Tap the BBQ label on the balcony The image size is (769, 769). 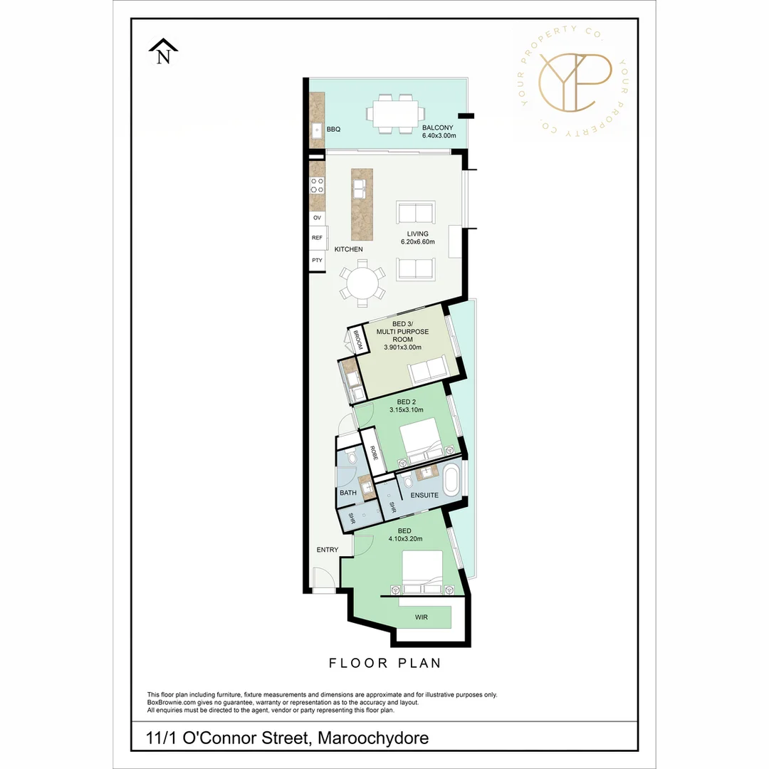pyautogui.click(x=333, y=130)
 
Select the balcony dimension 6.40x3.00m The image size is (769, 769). pyautogui.click(x=439, y=135)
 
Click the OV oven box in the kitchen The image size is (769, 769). pyautogui.click(x=317, y=218)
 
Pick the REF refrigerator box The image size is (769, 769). pyautogui.click(x=317, y=238)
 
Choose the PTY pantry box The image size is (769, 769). pyautogui.click(x=317, y=261)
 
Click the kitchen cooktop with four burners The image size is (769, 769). pyautogui.click(x=317, y=186)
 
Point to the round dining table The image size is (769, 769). pyautogui.click(x=362, y=283)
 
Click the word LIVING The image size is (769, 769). pyautogui.click(x=417, y=234)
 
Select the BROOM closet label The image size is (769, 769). pyautogui.click(x=357, y=340)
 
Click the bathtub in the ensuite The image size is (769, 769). pyautogui.click(x=452, y=481)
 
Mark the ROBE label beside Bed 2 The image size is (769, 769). pyautogui.click(x=373, y=454)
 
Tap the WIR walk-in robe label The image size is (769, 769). pyautogui.click(x=422, y=617)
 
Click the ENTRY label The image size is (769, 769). pyautogui.click(x=328, y=550)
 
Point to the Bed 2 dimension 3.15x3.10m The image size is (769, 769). pyautogui.click(x=407, y=409)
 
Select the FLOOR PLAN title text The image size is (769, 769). pyautogui.click(x=384, y=663)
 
